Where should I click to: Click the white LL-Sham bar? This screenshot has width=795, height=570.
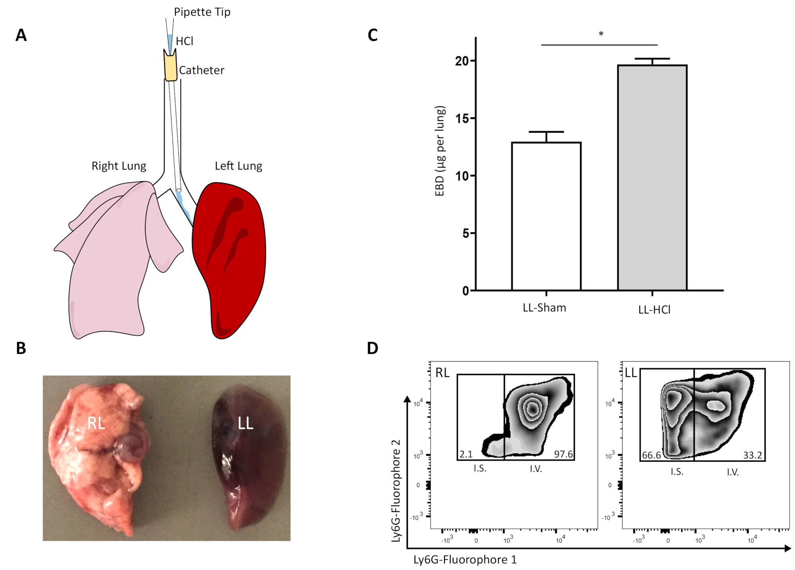(546, 216)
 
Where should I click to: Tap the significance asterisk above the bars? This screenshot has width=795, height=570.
(601, 34)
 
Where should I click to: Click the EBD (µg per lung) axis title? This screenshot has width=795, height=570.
(440, 151)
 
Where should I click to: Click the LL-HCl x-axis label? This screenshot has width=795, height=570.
(654, 310)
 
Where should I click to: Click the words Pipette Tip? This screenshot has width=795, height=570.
(202, 12)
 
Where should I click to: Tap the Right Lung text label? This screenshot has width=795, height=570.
(119, 166)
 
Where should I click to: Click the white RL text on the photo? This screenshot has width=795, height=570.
(96, 424)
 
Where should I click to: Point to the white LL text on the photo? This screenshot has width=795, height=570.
(245, 424)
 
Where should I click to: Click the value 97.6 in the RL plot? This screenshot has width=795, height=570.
(563, 454)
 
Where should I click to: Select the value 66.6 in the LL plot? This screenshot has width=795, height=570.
(652, 455)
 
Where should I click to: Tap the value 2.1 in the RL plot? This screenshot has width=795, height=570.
(466, 454)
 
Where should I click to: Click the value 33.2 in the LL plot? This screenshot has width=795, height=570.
(752, 455)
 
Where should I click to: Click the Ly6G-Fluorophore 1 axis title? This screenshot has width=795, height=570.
(465, 560)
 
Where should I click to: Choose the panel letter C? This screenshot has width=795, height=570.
(372, 35)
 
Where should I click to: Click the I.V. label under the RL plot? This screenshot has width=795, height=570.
(536, 469)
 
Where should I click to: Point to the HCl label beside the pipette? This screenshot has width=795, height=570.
(184, 41)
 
